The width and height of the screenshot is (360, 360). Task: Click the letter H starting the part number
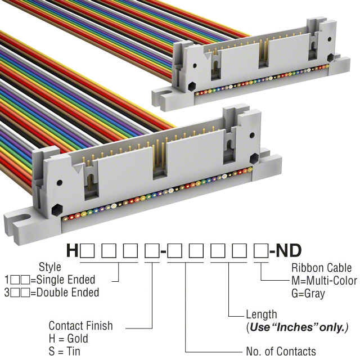tap(72, 249)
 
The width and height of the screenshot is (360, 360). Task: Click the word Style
tap(50, 267)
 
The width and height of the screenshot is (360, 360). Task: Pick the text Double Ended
tap(67, 292)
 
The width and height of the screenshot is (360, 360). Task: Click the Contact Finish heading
tap(80, 326)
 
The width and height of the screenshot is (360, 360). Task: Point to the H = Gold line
tap(69, 339)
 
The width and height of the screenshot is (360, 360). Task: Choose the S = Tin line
tap(65, 351)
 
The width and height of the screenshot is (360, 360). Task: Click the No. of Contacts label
tap(281, 352)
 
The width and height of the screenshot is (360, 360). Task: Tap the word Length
tap(262, 314)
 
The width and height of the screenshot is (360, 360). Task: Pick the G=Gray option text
tap(308, 292)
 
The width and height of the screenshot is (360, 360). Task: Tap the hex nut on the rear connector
tap(192, 88)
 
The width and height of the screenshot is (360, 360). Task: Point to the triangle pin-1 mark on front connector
tap(76, 167)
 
